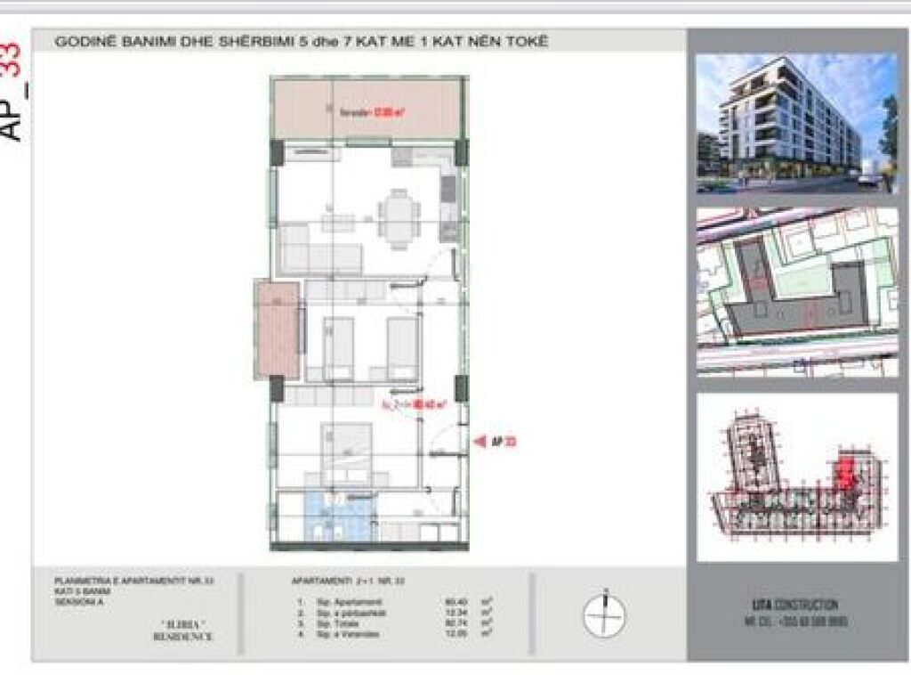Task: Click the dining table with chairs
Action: pyautogui.click(x=399, y=216)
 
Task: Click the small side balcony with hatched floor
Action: pyautogui.click(x=276, y=329)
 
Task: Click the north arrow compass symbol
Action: pyautogui.click(x=604, y=615)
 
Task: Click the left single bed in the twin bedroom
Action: pyautogui.click(x=338, y=348)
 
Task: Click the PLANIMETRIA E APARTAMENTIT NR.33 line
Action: pyautogui.click(x=133, y=581)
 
